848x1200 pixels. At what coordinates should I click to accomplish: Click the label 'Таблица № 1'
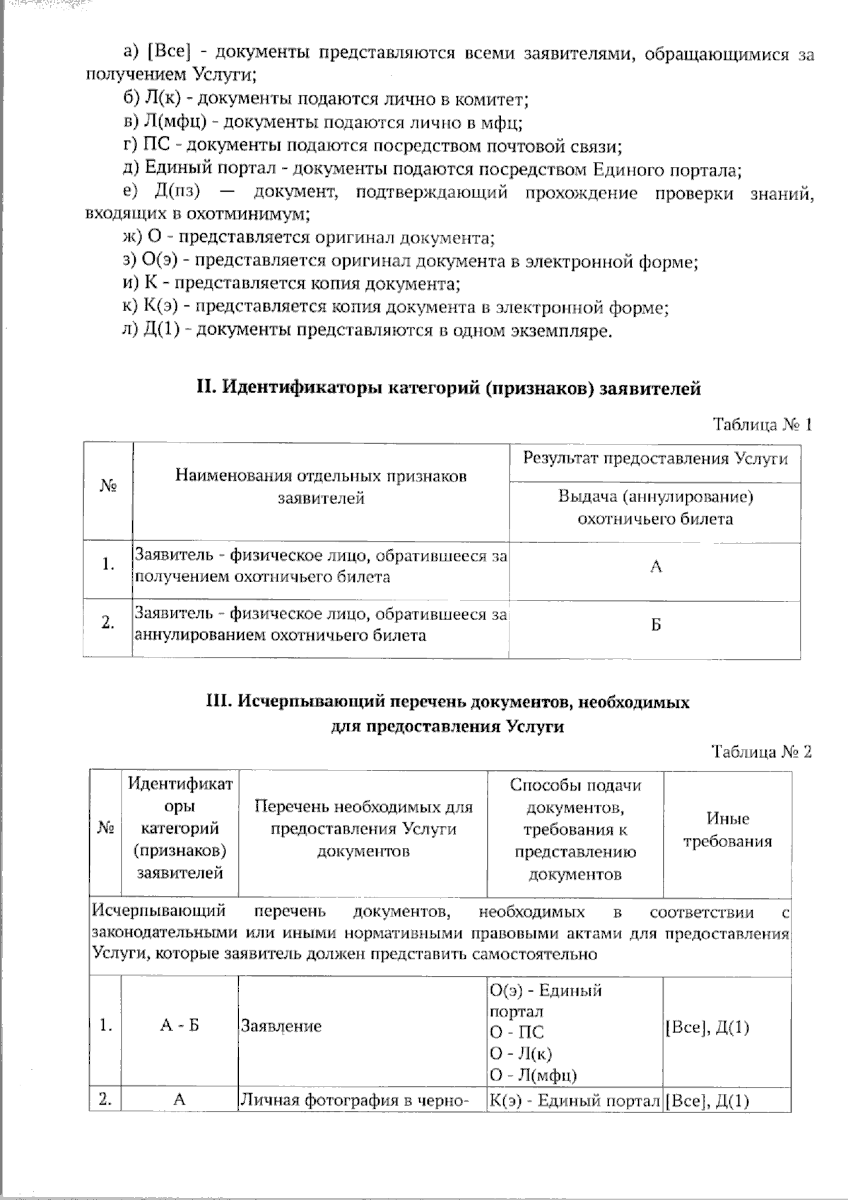[x=762, y=424]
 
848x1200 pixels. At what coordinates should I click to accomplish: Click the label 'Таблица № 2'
[x=762, y=752]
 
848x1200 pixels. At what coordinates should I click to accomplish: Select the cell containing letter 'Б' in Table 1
[x=656, y=625]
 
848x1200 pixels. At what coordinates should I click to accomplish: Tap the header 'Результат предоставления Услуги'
[x=655, y=458]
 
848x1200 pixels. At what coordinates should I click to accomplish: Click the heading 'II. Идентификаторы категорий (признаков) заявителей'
[x=448, y=388]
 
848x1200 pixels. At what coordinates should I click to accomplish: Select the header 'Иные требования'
[x=728, y=830]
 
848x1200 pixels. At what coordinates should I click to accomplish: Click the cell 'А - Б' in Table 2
[x=179, y=1025]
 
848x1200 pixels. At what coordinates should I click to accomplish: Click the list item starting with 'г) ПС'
[x=372, y=146]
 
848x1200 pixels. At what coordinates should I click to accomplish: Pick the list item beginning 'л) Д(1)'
[x=366, y=330]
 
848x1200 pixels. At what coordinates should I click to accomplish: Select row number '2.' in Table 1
[x=108, y=623]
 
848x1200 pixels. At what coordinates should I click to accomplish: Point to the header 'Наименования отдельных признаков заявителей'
[x=321, y=487]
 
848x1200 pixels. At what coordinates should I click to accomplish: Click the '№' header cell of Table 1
[x=108, y=487]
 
